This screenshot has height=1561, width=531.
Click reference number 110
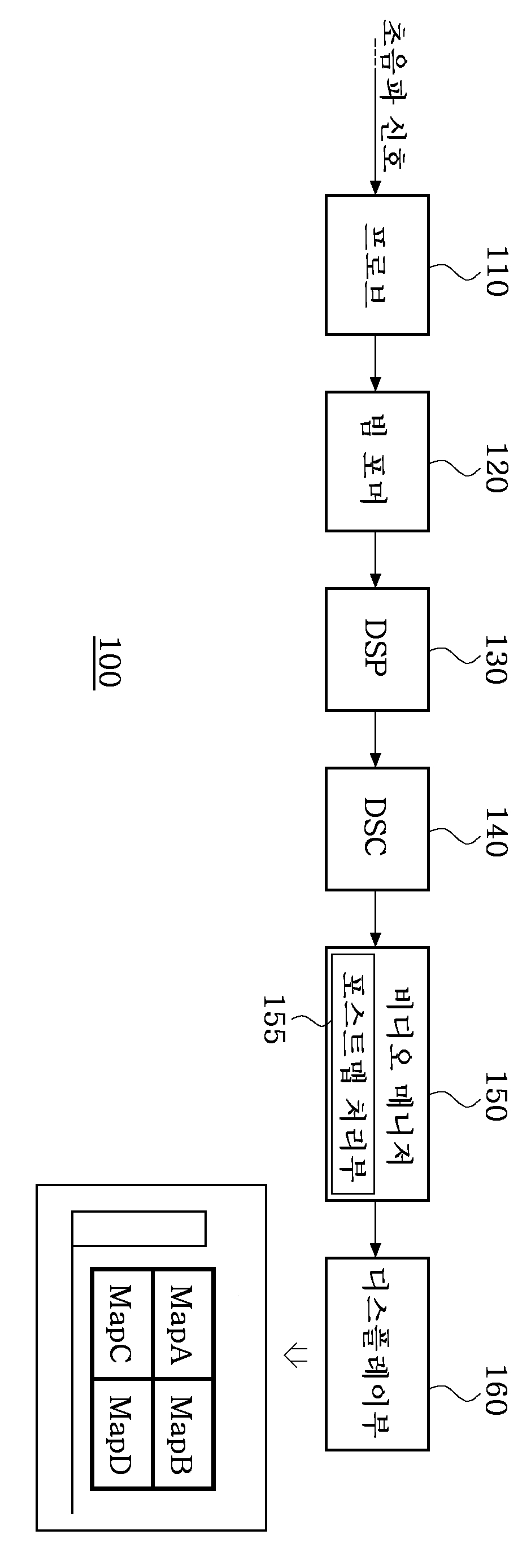coord(497,271)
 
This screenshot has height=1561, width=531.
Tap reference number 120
coord(497,467)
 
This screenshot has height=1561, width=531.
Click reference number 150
coord(497,1096)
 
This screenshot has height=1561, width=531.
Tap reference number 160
coord(497,1390)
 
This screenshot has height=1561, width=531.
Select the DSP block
coord(376,649)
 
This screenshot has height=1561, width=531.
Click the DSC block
coord(376,828)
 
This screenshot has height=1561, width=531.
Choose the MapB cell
coord(182,1434)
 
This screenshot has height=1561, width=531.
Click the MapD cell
coord(121,1434)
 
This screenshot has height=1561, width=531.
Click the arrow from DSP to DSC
coord(375,740)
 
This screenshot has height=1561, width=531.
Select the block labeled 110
coord(376,265)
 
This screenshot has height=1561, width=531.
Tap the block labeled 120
coord(376,461)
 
